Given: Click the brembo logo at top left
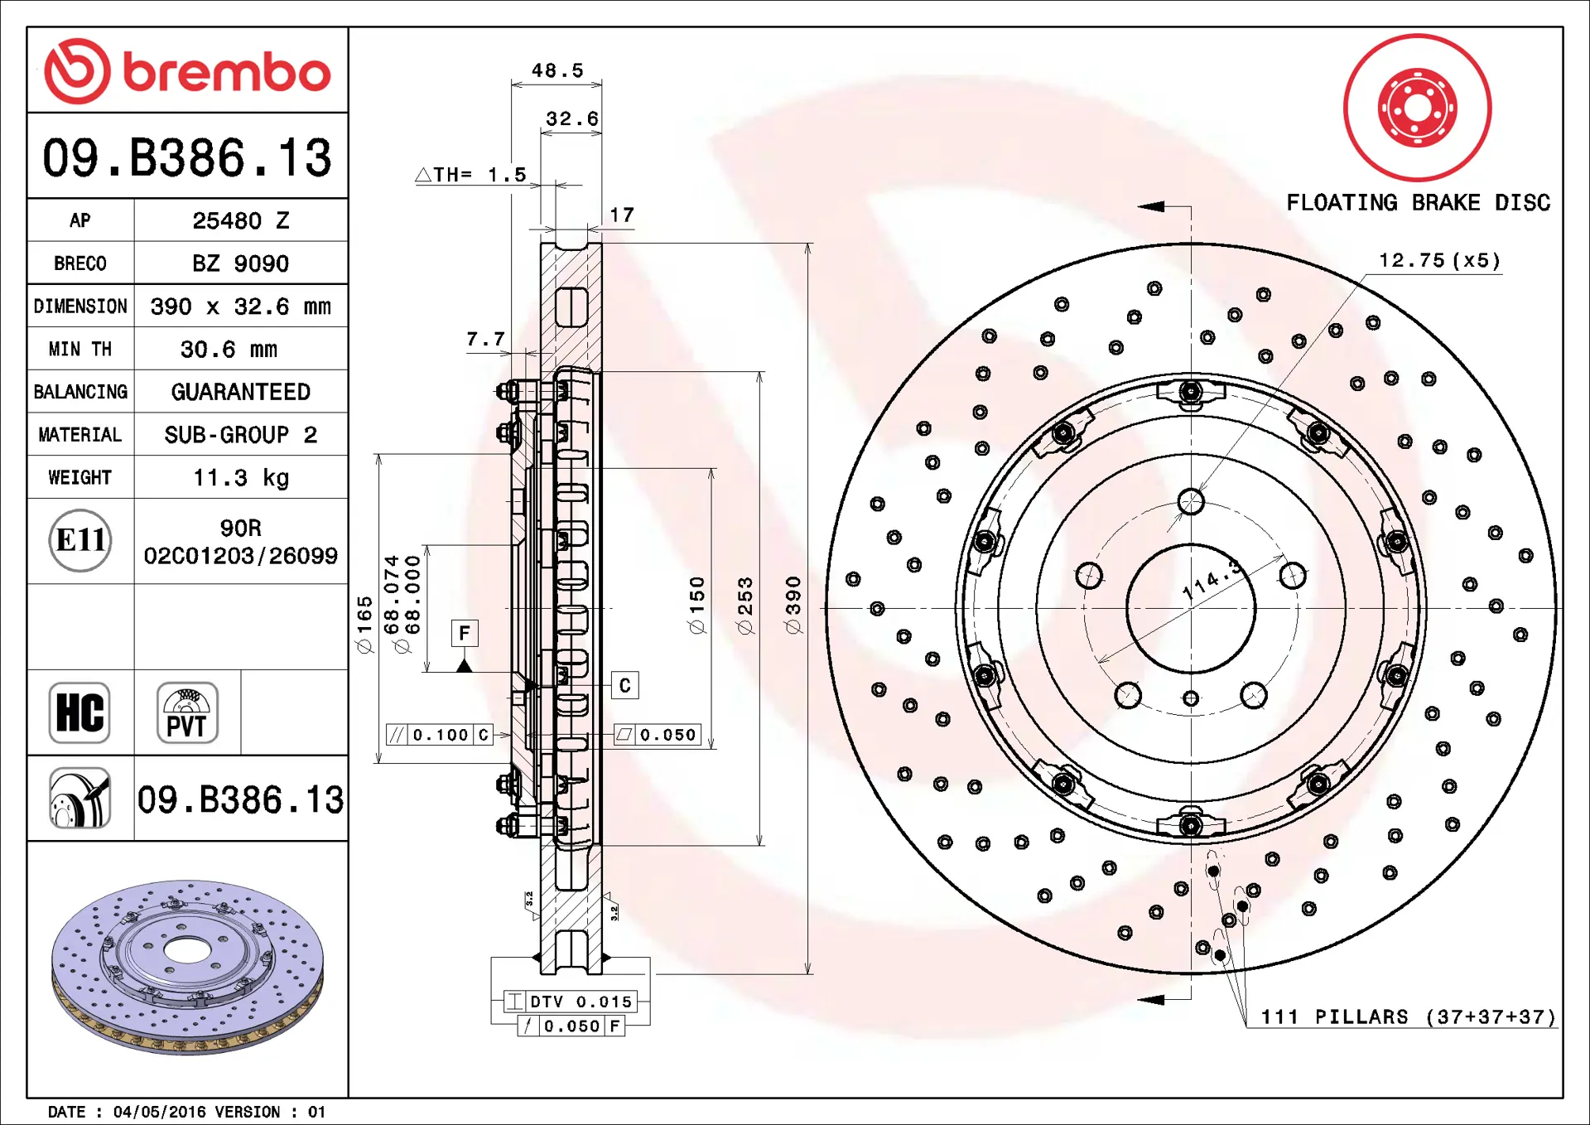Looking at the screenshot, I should [x=187, y=71].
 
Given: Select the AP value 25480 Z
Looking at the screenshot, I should [x=240, y=220].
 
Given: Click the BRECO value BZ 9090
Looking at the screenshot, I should [x=240, y=263].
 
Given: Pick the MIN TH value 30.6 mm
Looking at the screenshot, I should [x=229, y=349].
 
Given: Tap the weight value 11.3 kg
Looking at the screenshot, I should [x=240, y=477].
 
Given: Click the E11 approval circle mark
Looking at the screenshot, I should [x=80, y=540].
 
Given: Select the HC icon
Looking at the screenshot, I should [x=79, y=712].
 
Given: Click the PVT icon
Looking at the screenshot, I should [x=187, y=712].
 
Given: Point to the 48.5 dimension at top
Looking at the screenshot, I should [x=556, y=71].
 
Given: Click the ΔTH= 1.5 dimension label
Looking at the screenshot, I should [x=470, y=175].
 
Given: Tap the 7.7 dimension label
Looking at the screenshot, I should [x=485, y=339].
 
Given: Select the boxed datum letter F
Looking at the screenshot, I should [x=465, y=634].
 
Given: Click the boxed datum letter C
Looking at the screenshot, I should [x=624, y=685].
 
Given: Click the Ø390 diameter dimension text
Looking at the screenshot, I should [x=793, y=606].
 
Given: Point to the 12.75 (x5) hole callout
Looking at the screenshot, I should [x=1439, y=261].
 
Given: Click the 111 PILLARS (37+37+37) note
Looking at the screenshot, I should [x=1408, y=1016].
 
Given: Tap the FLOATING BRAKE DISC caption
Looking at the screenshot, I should [x=1418, y=203].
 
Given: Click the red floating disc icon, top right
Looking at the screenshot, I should [x=1417, y=108].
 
